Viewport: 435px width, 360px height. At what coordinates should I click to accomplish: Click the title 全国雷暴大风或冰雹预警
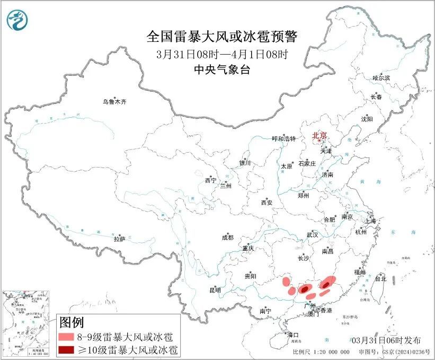[x=222, y=37]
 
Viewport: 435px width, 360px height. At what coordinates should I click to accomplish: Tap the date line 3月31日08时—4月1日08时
[x=222, y=54]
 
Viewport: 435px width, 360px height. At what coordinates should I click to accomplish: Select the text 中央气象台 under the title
[x=222, y=69]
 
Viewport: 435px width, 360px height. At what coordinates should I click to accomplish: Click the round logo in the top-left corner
[x=17, y=20]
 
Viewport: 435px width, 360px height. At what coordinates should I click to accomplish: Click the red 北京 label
[x=319, y=135]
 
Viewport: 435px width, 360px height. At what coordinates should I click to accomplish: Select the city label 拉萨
[x=119, y=239]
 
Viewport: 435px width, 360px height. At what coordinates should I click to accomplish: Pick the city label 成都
[x=228, y=238]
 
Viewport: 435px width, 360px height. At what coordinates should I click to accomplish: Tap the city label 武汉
[x=312, y=234]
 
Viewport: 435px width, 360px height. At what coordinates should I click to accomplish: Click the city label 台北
[x=380, y=278]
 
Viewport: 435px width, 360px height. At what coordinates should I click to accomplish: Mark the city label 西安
[x=267, y=203]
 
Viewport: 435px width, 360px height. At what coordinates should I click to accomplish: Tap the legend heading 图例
[x=71, y=322]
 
